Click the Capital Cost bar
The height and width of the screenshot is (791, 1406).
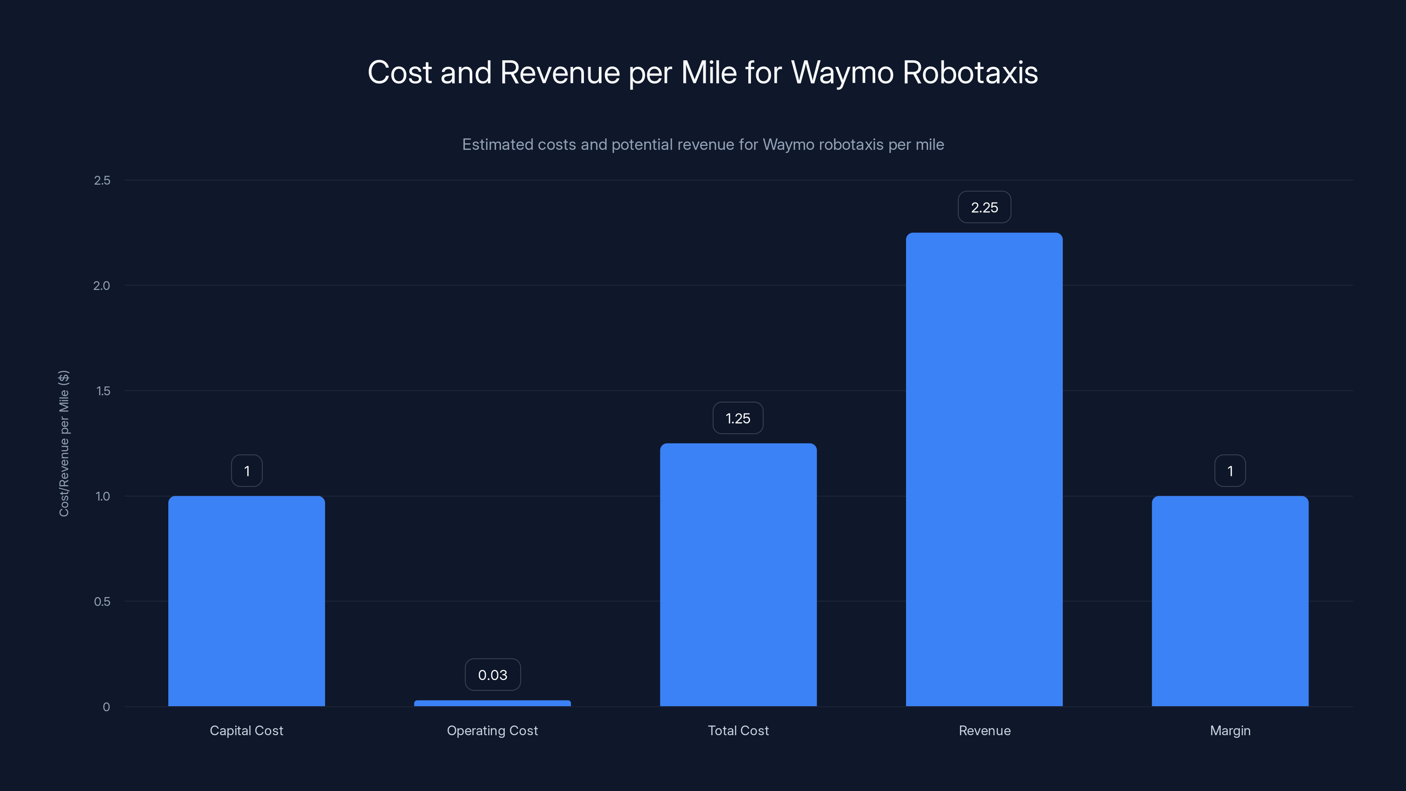pos(246,600)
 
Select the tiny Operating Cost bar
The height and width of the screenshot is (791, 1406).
pos(492,703)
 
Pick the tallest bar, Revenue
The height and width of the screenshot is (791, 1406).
pos(984,469)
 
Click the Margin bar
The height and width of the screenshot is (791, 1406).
pos(1230,600)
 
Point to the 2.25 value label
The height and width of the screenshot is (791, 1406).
pos(984,207)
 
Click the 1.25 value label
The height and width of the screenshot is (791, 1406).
pos(738,418)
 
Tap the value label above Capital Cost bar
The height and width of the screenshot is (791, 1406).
pos(246,471)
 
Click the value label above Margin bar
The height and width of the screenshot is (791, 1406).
pos(1230,471)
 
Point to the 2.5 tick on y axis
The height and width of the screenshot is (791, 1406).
pos(102,181)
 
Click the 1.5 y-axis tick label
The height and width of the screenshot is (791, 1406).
pos(103,391)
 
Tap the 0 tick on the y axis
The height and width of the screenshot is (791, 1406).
pos(106,707)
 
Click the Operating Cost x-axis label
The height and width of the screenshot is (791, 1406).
pos(492,730)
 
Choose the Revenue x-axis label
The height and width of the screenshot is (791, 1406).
pos(984,730)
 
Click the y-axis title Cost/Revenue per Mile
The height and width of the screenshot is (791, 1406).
pos(64,443)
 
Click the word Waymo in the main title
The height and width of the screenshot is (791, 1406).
pos(842,73)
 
